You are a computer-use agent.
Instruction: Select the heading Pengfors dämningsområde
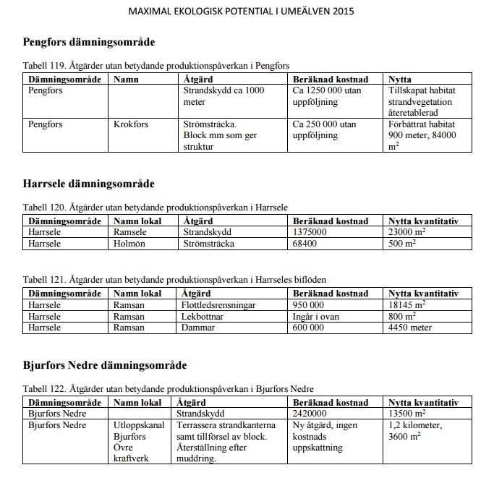pyautogui.click(x=89, y=42)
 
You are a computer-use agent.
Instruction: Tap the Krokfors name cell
pyautogui.click(x=131, y=124)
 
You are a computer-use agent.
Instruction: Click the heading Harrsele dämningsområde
pyautogui.click(x=88, y=184)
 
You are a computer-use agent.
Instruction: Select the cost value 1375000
pyautogui.click(x=311, y=232)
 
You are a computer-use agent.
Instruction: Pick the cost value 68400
pyautogui.click(x=306, y=244)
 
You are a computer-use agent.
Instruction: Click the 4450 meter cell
pyautogui.click(x=410, y=327)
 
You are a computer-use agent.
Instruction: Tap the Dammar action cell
pyautogui.click(x=199, y=327)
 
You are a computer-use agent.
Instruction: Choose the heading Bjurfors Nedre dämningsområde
pyautogui.click(x=105, y=365)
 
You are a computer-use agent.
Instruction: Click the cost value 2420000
pyautogui.click(x=312, y=414)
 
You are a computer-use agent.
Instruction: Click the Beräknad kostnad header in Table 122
pyautogui.click(x=331, y=402)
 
